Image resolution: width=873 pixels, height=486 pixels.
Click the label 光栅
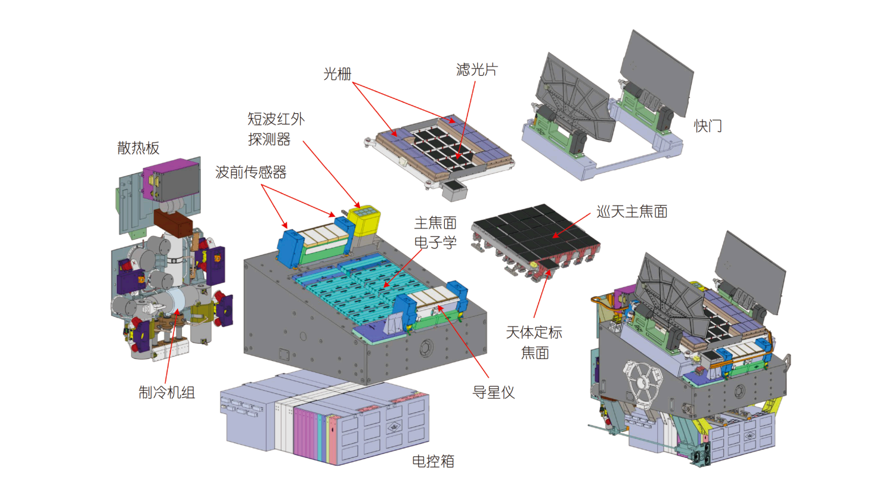coord(337,74)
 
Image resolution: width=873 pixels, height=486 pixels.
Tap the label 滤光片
coord(476,70)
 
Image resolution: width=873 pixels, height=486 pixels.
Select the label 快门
coord(708,126)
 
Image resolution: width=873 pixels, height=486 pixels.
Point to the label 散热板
coord(138,148)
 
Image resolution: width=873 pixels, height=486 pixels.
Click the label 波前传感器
coord(250,172)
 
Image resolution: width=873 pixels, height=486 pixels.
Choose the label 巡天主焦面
coord(631,211)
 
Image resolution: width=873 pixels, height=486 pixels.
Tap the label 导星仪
coord(493,392)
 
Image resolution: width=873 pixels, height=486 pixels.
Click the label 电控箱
coord(433,461)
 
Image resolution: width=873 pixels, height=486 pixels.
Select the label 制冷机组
coord(167,392)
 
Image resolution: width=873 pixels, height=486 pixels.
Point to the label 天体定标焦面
coord(534,342)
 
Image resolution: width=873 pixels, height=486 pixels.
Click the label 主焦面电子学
coord(435,233)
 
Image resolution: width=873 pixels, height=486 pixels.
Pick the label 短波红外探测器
coord(275,129)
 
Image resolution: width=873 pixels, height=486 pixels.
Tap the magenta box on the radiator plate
coord(171,179)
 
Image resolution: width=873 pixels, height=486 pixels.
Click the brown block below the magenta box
coord(174,223)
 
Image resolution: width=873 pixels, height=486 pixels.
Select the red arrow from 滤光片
coord(466,119)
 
